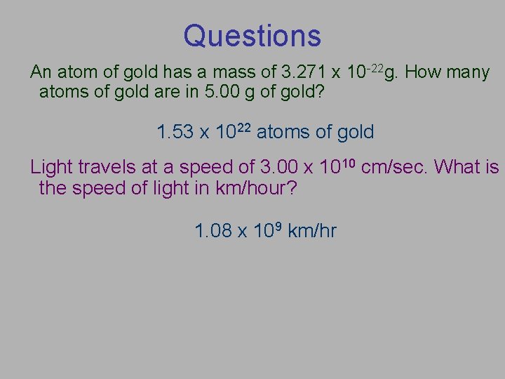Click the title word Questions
(x=252, y=36)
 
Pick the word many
(x=467, y=72)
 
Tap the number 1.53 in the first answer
(x=175, y=132)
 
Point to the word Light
(x=51, y=167)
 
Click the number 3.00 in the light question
(x=278, y=167)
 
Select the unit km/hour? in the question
(x=255, y=188)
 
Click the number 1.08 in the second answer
(x=213, y=230)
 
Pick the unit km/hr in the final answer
(x=312, y=230)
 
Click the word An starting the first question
(x=41, y=72)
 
